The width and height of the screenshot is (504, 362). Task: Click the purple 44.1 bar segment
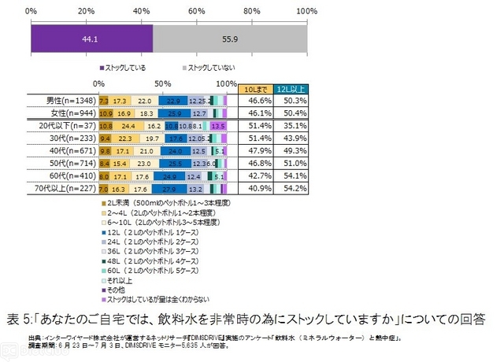(x=91, y=39)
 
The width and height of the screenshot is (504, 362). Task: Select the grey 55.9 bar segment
(x=229, y=39)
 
